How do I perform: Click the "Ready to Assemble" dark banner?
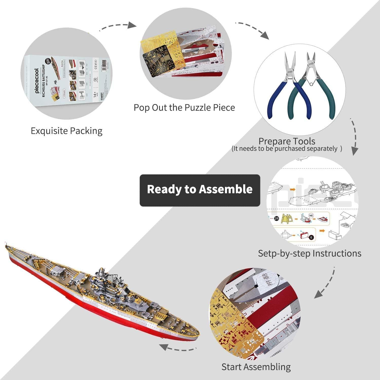200,190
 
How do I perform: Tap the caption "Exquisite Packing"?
67,131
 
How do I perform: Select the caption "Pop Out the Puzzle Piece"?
184,108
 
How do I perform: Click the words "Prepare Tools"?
287,141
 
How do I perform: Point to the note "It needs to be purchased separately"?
287,149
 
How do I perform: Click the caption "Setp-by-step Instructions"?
310,253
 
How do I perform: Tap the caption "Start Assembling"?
256,367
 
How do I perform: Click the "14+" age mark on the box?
95,94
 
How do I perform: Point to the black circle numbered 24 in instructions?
276,218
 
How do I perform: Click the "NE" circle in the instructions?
311,215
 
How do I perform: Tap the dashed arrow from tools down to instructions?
355,137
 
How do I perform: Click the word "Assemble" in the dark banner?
225,189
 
